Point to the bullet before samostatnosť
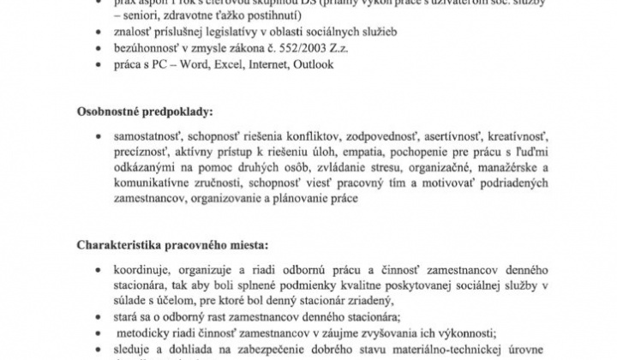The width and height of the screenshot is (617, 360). [x=105, y=138]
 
